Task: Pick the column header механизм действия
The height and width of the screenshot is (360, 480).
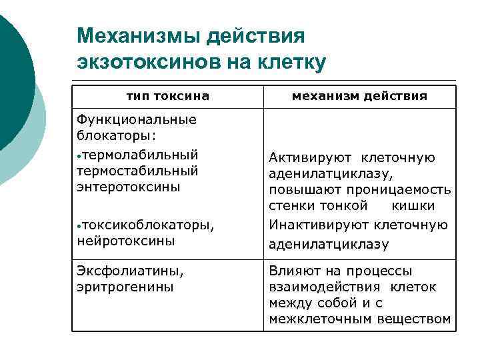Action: (360, 97)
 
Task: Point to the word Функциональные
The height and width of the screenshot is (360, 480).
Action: (137, 120)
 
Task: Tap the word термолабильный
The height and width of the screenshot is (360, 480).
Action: (141, 155)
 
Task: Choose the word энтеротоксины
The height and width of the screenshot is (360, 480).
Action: (129, 187)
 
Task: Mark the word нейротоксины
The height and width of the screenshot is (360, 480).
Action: (126, 241)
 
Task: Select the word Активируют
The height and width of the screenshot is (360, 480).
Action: (309, 158)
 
